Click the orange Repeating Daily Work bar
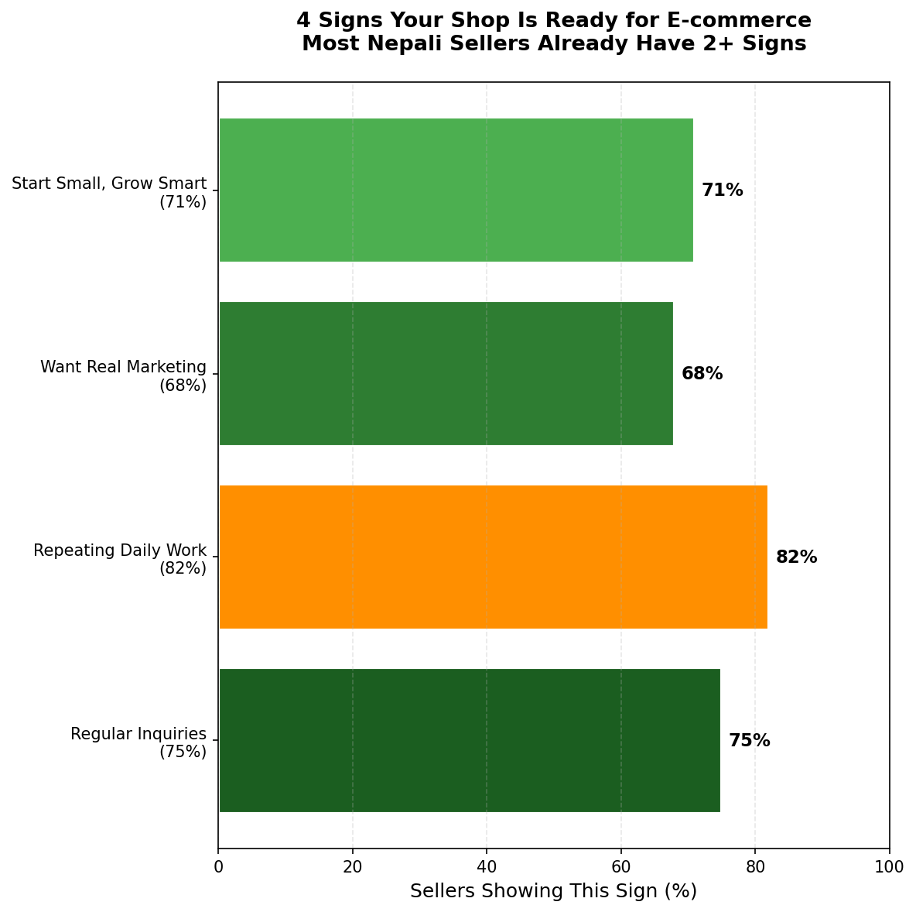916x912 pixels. [x=493, y=557]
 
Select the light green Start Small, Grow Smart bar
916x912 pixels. [x=456, y=190]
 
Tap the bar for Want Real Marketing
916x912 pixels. [x=446, y=373]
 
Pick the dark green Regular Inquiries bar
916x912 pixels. [x=469, y=740]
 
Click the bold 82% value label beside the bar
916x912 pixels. [x=796, y=557]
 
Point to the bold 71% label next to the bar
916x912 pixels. [x=722, y=190]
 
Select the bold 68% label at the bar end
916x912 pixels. [x=702, y=374]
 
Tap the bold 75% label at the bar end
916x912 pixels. [x=749, y=741]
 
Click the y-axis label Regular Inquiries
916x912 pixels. [x=138, y=742]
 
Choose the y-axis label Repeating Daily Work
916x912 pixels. [x=120, y=558]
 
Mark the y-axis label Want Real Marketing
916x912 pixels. [x=124, y=375]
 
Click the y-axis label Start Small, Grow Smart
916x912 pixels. [x=109, y=191]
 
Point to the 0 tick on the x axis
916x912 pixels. [x=218, y=867]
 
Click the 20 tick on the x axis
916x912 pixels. [x=353, y=867]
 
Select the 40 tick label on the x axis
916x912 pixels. [x=487, y=867]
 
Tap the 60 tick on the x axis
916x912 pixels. [x=621, y=867]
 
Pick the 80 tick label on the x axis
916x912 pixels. [x=755, y=867]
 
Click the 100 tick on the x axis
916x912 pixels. [x=889, y=867]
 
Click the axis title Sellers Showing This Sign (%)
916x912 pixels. [x=553, y=891]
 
